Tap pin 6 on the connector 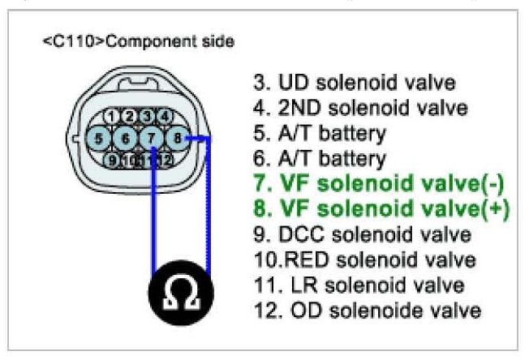tap(126, 139)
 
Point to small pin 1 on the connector tap(118, 115)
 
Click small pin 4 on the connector tap(164, 115)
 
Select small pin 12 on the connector tap(165, 160)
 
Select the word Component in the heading tap(126, 41)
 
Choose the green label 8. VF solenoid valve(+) tap(372, 209)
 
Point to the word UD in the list tap(290, 83)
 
